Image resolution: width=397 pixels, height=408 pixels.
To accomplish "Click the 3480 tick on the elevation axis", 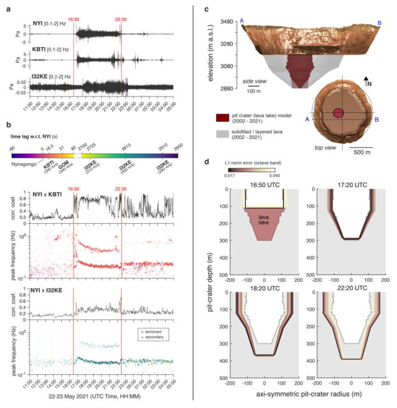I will [225, 22].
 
